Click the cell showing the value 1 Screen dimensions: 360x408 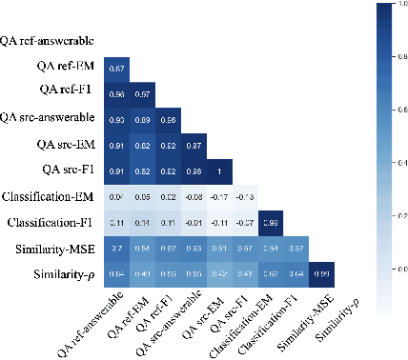click(x=220, y=170)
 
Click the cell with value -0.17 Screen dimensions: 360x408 click(x=220, y=197)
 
